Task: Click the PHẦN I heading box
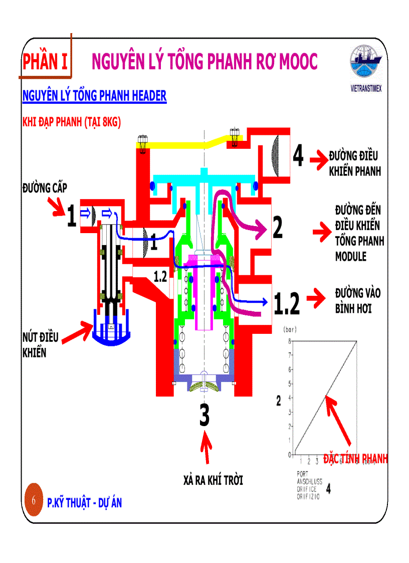45,62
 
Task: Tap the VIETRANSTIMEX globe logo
366,64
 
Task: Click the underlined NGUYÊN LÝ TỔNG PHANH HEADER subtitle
94,96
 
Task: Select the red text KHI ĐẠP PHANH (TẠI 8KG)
72,122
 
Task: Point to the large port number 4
298,156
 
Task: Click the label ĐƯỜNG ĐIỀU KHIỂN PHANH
354,163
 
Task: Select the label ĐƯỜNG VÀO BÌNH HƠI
354,301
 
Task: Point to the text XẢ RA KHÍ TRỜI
213,481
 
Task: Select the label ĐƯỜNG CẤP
45,188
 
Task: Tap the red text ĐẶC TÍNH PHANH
355,459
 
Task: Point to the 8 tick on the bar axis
289,341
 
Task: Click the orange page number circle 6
33,500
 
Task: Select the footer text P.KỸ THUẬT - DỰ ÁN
84,503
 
